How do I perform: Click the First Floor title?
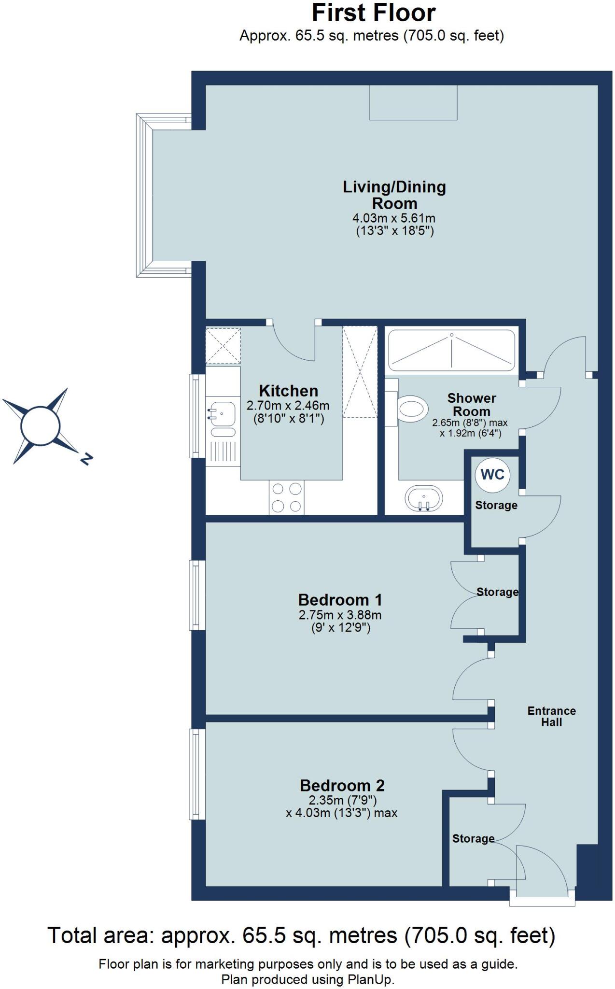373,13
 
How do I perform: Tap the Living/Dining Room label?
394,195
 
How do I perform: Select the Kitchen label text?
288,391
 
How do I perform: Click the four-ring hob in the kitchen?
287,497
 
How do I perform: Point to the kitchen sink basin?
222,414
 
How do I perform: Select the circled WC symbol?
492,475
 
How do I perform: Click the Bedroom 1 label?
340,600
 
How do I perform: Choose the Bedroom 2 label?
342,786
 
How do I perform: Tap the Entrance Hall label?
551,717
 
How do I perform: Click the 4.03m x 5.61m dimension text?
394,218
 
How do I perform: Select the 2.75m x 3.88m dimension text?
340,615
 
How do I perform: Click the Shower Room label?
471,405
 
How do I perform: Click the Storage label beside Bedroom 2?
473,839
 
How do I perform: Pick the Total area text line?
301,935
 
